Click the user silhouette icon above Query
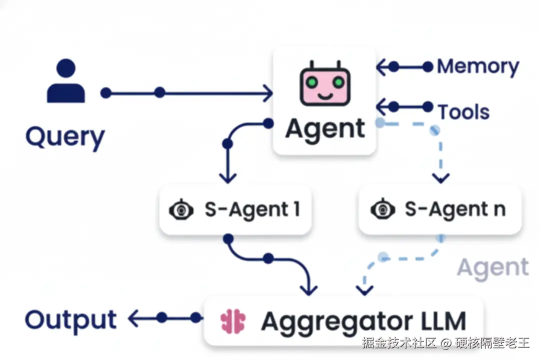pos(66,80)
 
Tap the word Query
pos(65,137)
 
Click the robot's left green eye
pos(312,82)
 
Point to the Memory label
pos(478,67)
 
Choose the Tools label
pos(463,112)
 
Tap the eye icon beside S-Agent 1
pos(181,209)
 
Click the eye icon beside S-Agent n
pos(382,209)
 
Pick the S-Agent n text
pos(455,209)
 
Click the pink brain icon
pos(233,321)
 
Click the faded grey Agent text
pos(493,268)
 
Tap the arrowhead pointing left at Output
pos(133,318)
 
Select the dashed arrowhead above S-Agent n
pos(441,178)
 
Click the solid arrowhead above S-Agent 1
pos(227,178)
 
